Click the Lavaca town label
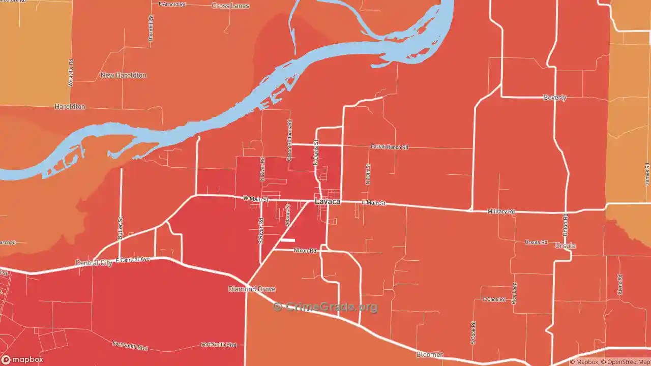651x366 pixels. point(328,202)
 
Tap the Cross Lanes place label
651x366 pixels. point(230,6)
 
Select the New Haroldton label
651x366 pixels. point(123,75)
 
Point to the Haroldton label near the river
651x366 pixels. point(70,107)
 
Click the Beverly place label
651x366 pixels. point(554,98)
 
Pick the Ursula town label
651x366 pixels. point(565,246)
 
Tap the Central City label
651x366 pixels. point(94,263)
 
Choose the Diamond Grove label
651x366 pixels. point(252,289)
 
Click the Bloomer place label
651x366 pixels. point(429,354)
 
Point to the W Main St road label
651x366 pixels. point(255,199)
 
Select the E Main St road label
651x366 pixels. point(373,203)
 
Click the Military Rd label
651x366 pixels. point(501,211)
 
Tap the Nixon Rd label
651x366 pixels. point(305,251)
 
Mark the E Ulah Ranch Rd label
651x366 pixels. point(390,147)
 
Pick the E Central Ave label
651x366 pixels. point(133,260)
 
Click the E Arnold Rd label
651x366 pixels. point(172,4)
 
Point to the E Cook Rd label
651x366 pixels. point(494,299)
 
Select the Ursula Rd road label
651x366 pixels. point(536,242)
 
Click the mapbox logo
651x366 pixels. point(22,359)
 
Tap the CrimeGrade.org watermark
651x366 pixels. point(325,307)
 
